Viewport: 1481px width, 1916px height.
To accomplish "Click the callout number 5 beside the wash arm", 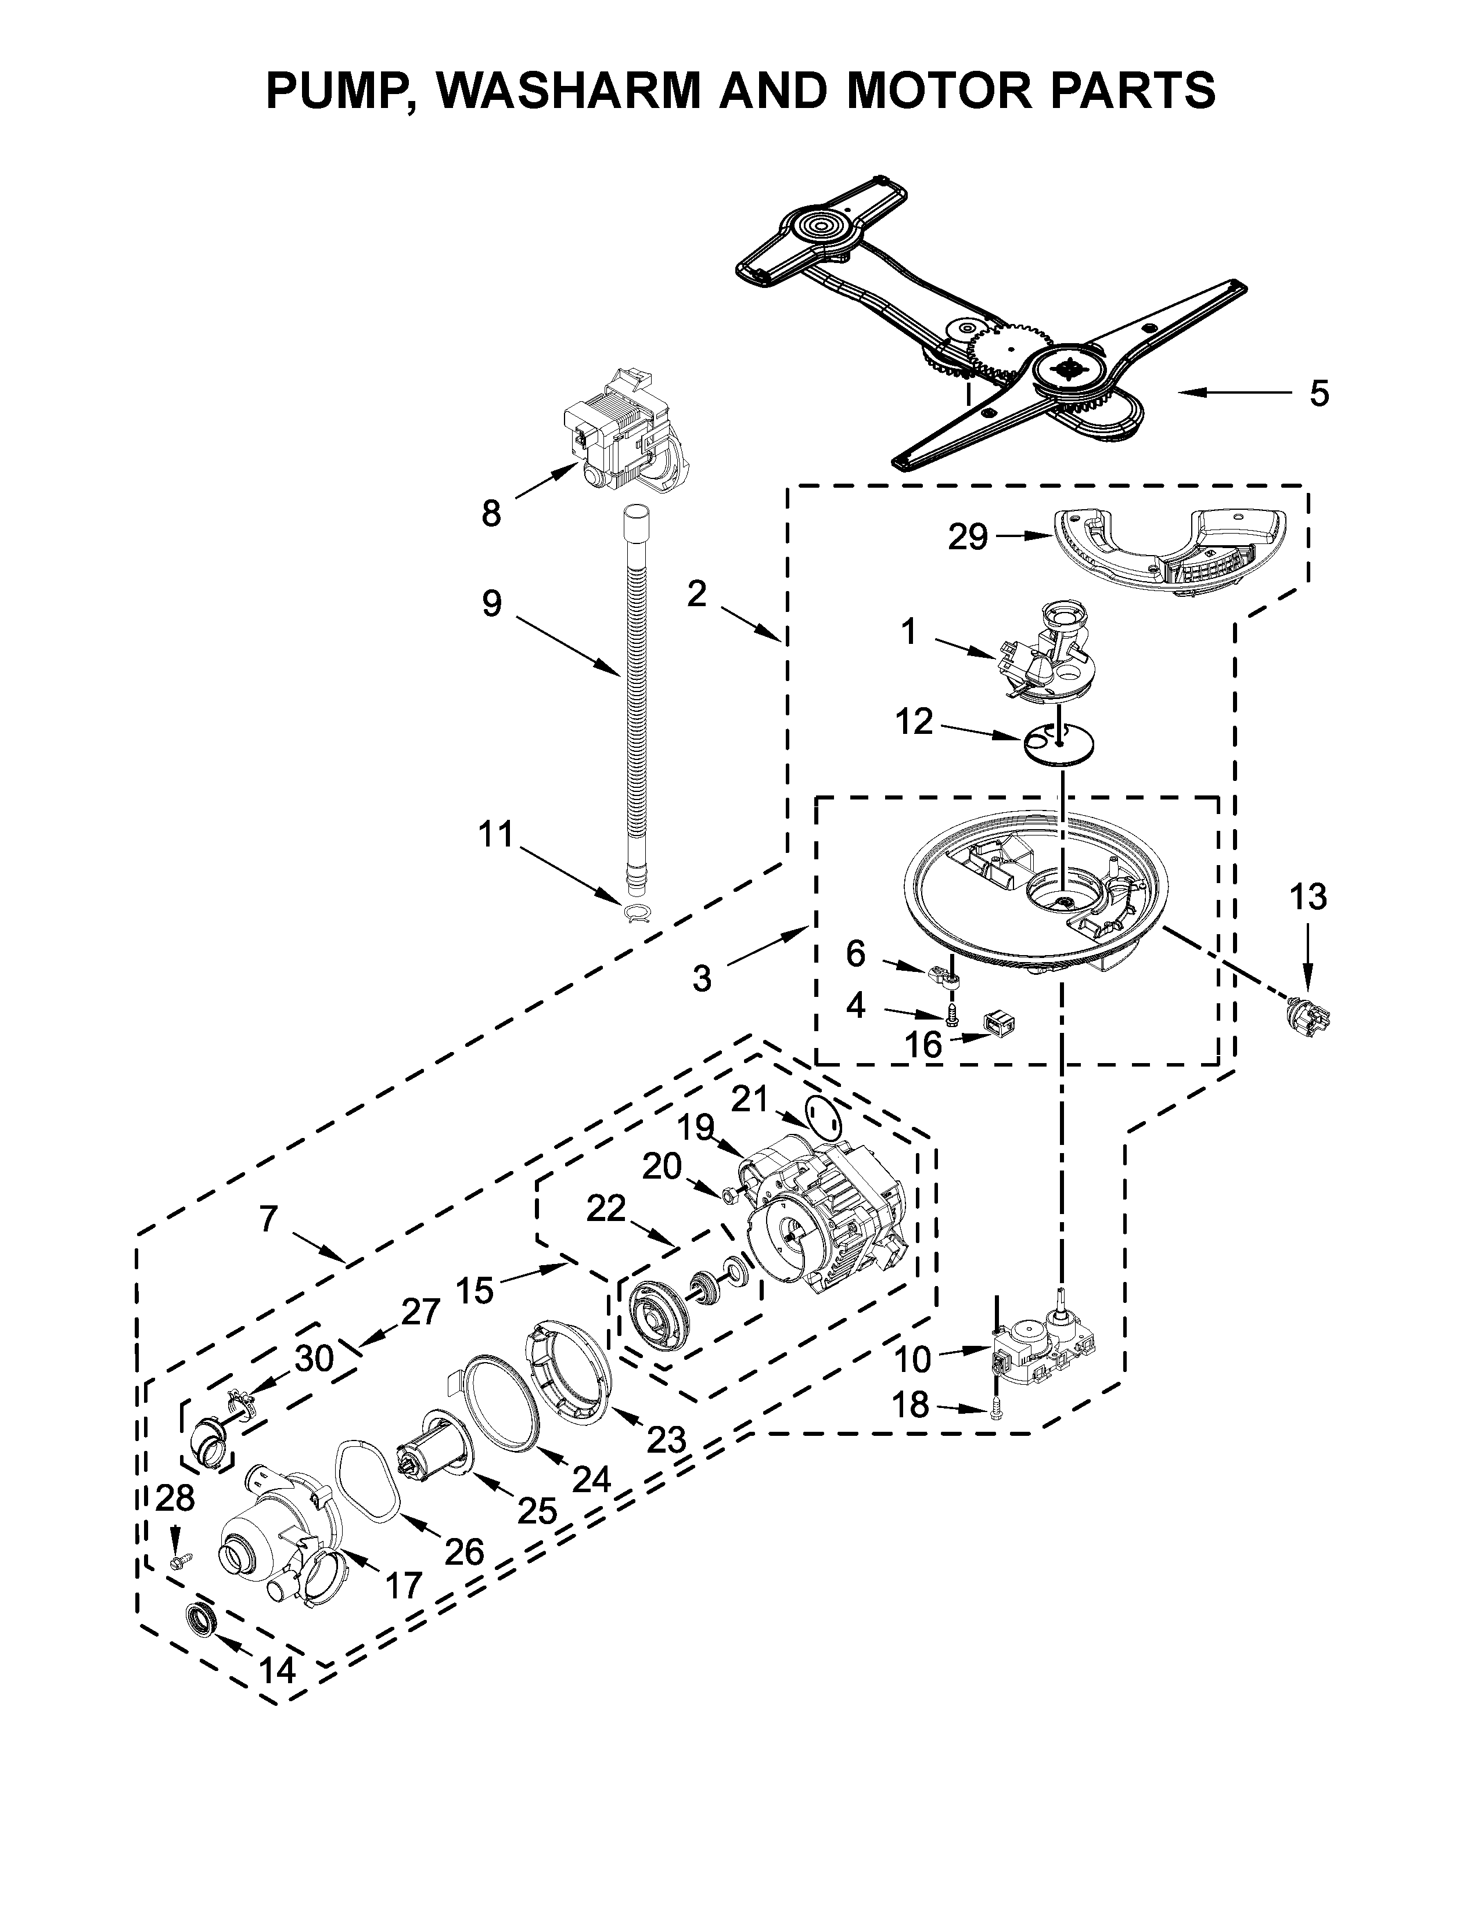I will tap(1319, 394).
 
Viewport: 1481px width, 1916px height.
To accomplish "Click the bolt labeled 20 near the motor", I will tap(731, 1194).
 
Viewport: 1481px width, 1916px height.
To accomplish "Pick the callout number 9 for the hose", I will tap(491, 604).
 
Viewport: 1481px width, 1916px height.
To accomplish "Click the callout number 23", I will tap(666, 1440).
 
